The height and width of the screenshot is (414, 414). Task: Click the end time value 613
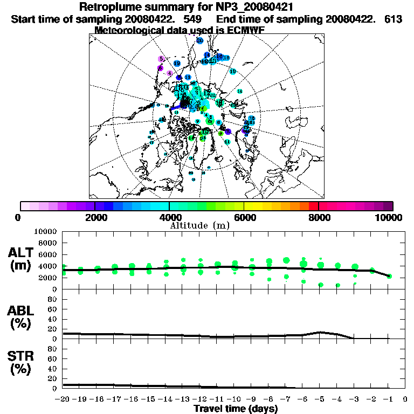tap(393, 19)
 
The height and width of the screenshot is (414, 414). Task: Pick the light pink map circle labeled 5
tap(161, 59)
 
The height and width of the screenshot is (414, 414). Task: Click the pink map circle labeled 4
tap(170, 73)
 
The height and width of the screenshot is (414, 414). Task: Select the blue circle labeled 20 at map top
tap(200, 40)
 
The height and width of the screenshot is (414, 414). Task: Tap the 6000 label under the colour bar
tap(244, 218)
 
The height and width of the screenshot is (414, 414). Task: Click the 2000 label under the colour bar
tap(95, 218)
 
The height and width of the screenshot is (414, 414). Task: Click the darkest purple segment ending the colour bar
tap(388, 206)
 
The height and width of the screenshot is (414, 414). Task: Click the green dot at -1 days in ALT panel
tap(389, 276)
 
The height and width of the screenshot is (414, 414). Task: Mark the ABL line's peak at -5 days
tap(321, 332)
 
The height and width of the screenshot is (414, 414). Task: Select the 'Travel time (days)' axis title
tap(235, 409)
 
